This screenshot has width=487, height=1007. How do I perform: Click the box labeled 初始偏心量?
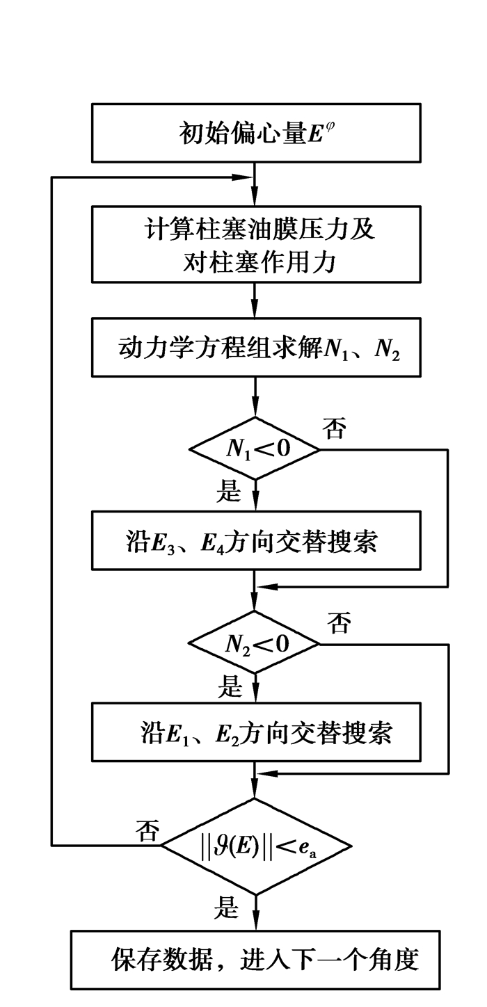(x=256, y=132)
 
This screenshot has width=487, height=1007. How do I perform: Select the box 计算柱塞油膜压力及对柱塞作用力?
(x=256, y=244)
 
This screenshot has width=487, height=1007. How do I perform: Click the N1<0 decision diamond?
(x=255, y=449)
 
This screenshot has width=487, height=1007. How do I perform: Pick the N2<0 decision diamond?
(x=255, y=643)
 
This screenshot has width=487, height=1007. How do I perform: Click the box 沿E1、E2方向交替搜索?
(x=256, y=734)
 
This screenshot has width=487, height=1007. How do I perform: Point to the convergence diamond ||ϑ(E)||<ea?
(x=257, y=846)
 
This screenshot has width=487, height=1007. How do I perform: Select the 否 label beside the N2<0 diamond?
(x=339, y=622)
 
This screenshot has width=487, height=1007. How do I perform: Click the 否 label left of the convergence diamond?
(x=147, y=830)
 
